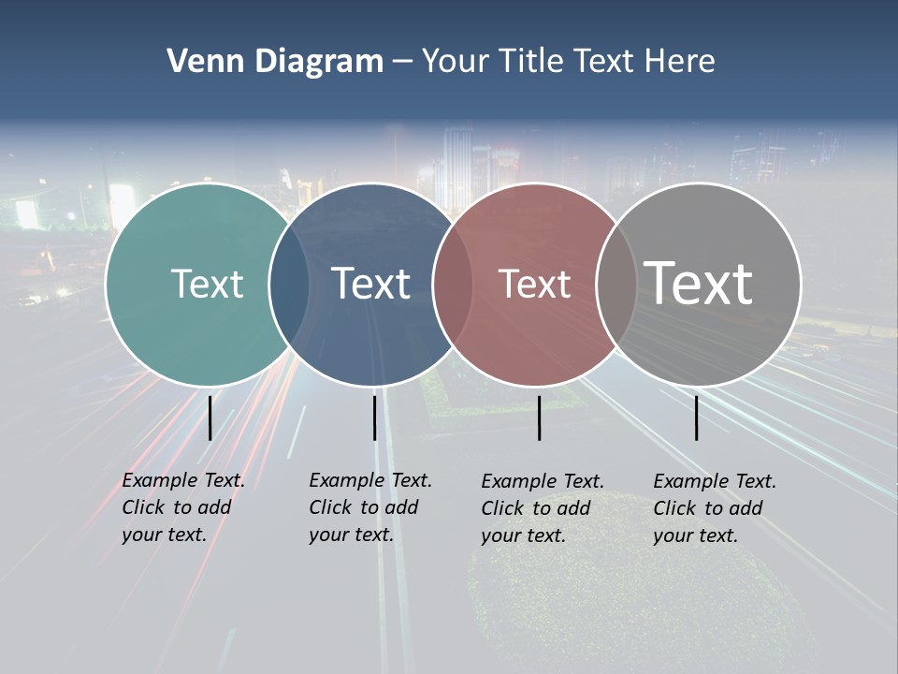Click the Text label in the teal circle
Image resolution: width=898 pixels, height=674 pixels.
point(207,284)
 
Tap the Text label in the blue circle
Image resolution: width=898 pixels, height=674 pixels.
point(371,284)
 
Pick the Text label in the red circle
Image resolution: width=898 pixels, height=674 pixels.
point(534,284)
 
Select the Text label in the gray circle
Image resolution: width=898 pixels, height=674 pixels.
point(699,283)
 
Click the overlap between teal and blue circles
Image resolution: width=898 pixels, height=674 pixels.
point(289,284)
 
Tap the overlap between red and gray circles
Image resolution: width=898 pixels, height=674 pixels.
point(616,284)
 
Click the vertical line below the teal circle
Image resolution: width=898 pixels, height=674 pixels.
point(210,418)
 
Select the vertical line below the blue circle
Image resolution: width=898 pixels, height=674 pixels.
point(374,418)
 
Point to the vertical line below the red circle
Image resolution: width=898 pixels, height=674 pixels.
point(539,418)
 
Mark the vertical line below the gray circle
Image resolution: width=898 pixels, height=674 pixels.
point(696,418)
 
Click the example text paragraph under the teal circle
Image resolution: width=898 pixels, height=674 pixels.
point(183,507)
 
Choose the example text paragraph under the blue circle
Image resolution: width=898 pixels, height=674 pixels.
point(370,507)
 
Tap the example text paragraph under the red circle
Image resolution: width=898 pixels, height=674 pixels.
point(543,508)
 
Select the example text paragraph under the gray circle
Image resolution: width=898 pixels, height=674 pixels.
point(715,508)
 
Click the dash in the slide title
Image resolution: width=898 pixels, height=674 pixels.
point(402,62)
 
